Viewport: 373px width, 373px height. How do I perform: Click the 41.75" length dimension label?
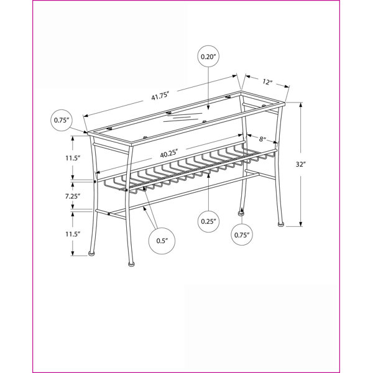click(x=160, y=96)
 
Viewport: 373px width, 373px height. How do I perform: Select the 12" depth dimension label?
click(x=267, y=82)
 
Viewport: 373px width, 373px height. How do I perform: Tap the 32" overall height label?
click(x=300, y=164)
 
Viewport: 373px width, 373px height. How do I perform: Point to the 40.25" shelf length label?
click(x=169, y=154)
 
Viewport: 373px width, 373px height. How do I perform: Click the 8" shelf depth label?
click(x=262, y=139)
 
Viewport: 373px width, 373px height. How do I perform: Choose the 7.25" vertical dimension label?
click(x=73, y=196)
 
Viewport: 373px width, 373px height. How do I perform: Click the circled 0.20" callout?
click(x=208, y=57)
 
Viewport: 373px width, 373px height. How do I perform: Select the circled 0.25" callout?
click(x=208, y=221)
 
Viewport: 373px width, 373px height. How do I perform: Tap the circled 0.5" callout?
click(x=162, y=241)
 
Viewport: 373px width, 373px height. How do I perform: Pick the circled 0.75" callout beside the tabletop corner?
click(x=62, y=120)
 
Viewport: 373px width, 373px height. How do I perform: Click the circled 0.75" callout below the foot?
click(x=242, y=235)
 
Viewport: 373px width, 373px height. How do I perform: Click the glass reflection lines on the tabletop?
click(x=183, y=117)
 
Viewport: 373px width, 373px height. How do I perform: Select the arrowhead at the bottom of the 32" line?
click(x=301, y=224)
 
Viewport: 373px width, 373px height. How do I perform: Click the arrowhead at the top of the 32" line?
click(x=301, y=104)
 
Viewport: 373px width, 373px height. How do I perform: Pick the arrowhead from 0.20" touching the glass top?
click(x=208, y=108)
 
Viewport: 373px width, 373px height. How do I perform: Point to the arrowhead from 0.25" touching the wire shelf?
click(x=208, y=176)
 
